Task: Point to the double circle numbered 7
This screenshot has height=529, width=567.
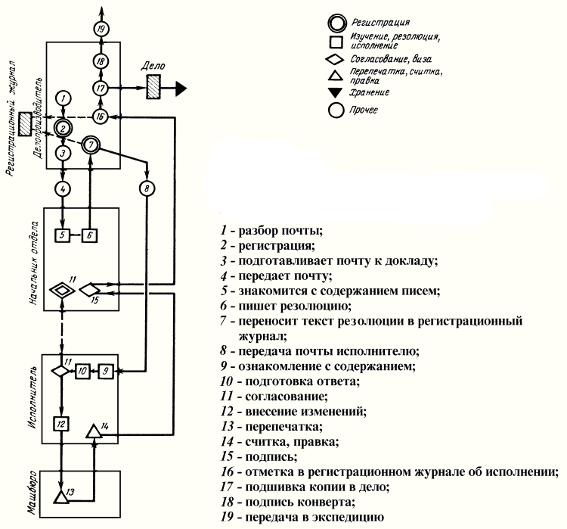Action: click(91, 144)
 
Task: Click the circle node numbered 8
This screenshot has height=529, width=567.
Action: click(147, 187)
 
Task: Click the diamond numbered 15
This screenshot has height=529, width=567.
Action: click(89, 289)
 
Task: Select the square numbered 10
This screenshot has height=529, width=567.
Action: click(82, 371)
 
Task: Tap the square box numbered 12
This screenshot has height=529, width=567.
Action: click(63, 423)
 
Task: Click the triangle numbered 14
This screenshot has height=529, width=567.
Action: click(93, 432)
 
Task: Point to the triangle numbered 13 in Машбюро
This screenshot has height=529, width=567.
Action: click(61, 496)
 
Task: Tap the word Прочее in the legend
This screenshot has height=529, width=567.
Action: click(364, 110)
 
